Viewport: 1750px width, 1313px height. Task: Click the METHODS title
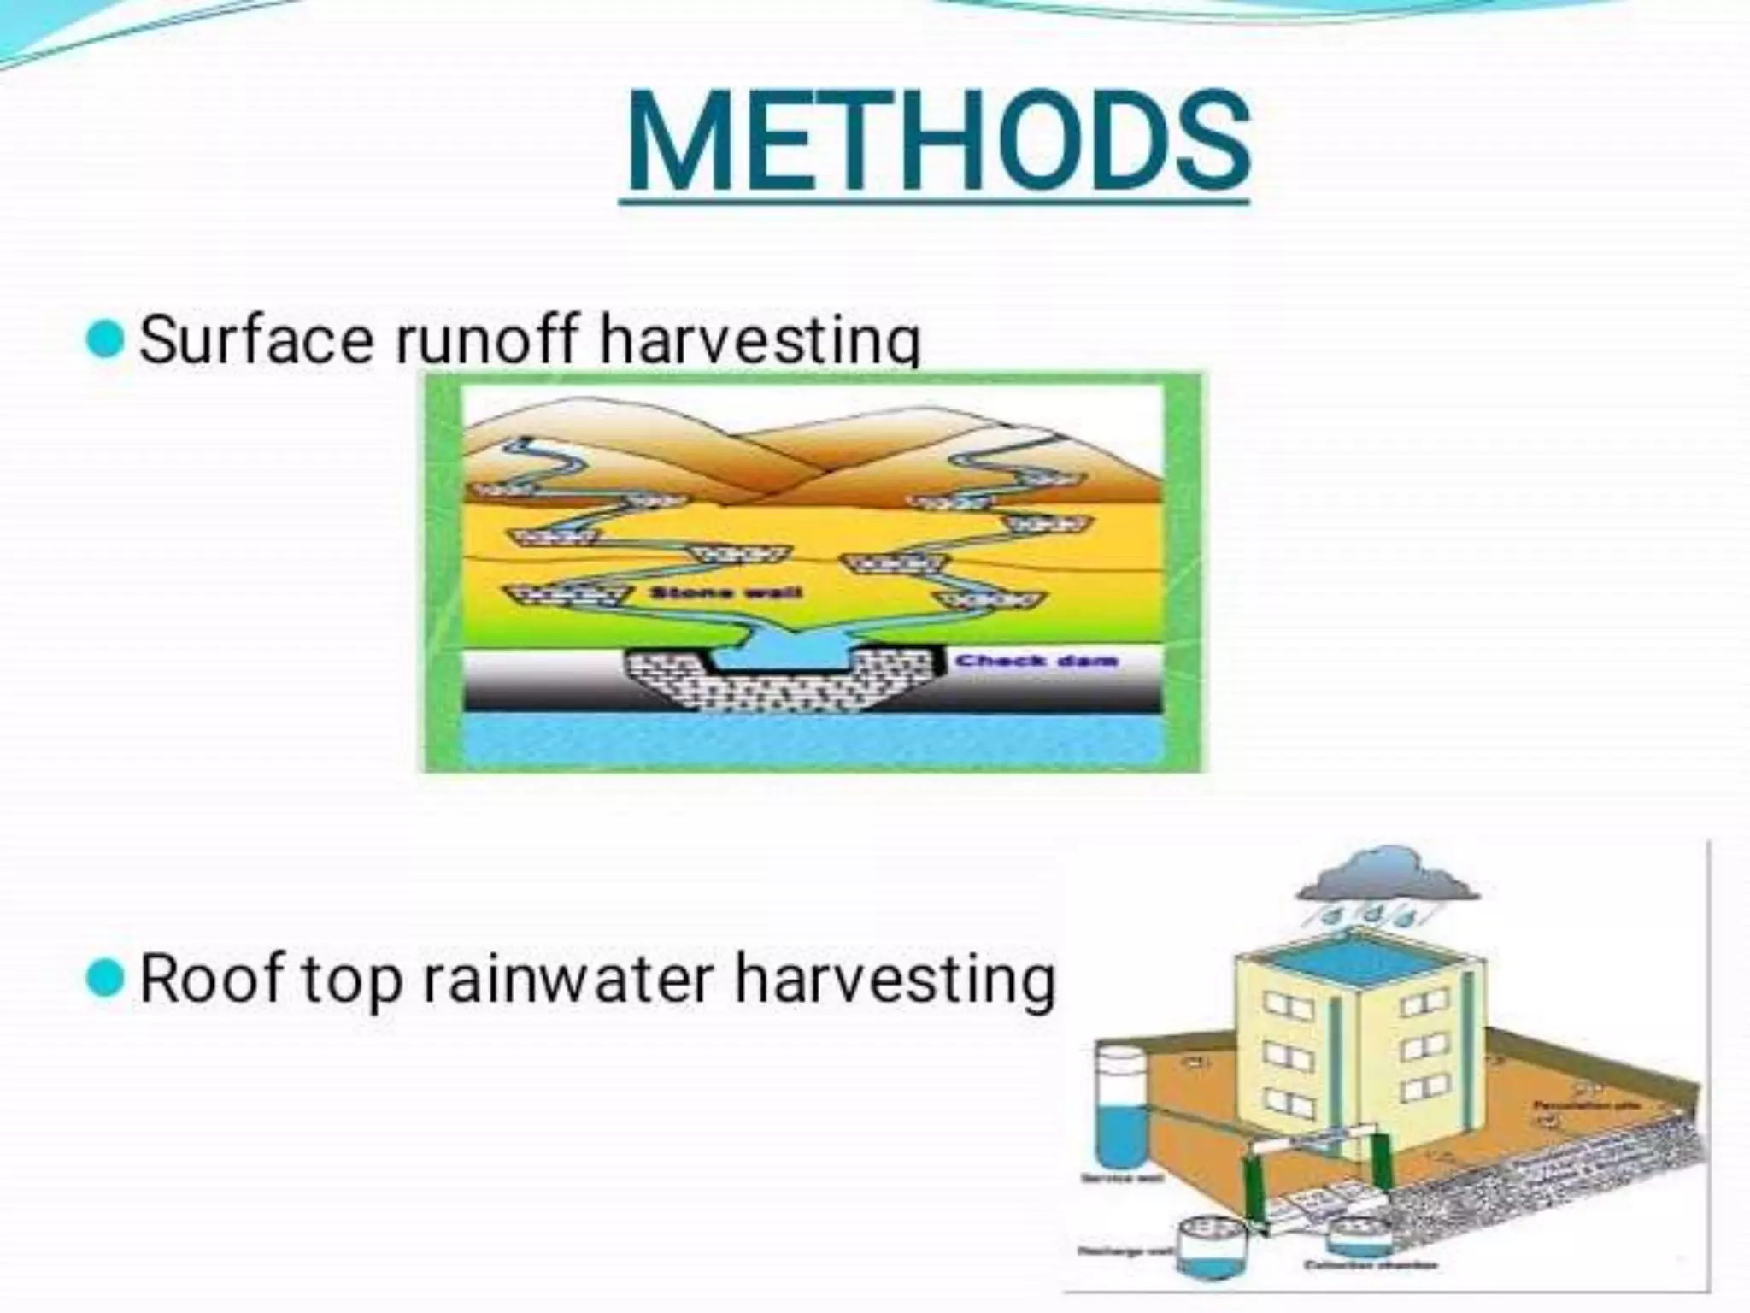point(937,144)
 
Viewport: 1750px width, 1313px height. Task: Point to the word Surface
point(256,339)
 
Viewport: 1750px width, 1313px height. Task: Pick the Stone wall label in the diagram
point(725,592)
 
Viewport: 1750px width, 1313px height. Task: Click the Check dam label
point(1036,660)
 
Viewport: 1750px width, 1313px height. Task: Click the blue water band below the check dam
point(812,740)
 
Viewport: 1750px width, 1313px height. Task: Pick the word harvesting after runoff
point(760,339)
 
